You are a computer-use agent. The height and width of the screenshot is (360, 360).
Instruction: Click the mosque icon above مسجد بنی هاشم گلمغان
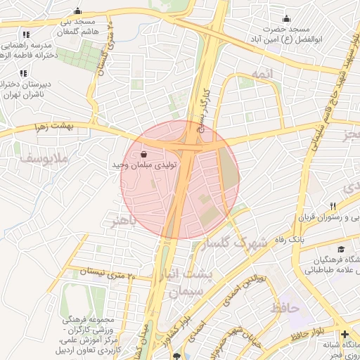pyautogui.click(x=77, y=12)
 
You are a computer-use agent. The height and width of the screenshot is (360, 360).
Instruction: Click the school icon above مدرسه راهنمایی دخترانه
pyautogui.click(x=26, y=34)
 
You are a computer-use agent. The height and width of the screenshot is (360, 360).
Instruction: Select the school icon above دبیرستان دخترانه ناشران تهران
pyautogui.click(x=23, y=72)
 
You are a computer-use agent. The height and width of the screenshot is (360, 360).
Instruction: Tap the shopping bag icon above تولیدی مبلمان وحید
pyautogui.click(x=144, y=153)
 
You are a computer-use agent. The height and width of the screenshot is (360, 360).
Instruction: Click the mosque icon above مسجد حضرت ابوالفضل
pyautogui.click(x=286, y=19)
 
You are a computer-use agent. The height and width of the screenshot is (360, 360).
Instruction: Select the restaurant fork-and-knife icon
pyautogui.click(x=333, y=206)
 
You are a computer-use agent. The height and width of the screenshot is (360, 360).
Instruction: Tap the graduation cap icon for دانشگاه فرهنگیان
pyautogui.click(x=341, y=250)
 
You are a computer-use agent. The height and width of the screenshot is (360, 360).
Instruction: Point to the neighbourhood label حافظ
pyautogui.click(x=285, y=307)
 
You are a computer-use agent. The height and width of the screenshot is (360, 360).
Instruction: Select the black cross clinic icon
pyautogui.click(x=345, y=335)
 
